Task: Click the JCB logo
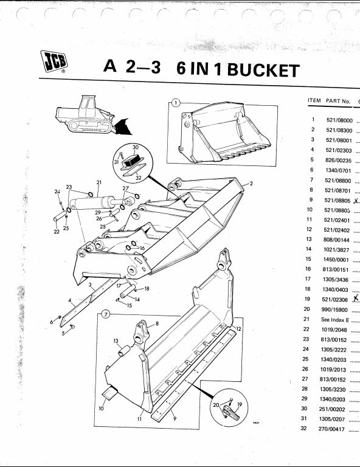(x=54, y=61)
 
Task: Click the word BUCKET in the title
(x=263, y=71)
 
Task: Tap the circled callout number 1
(x=176, y=103)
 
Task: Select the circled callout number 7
(x=106, y=314)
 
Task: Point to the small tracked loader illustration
(x=92, y=115)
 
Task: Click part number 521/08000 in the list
(x=339, y=120)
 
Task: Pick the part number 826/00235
(x=339, y=161)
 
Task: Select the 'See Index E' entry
(x=335, y=320)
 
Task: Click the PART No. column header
(x=338, y=101)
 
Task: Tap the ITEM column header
(x=314, y=100)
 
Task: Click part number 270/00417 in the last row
(x=331, y=429)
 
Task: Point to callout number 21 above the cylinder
(x=99, y=182)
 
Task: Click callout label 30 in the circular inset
(x=136, y=147)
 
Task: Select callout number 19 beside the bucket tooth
(x=240, y=404)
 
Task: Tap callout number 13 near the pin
(x=116, y=341)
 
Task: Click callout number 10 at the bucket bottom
(x=101, y=409)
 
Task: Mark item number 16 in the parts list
(x=308, y=269)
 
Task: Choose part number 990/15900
(x=334, y=310)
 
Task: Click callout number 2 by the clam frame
(x=251, y=184)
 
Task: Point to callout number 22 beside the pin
(x=57, y=232)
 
